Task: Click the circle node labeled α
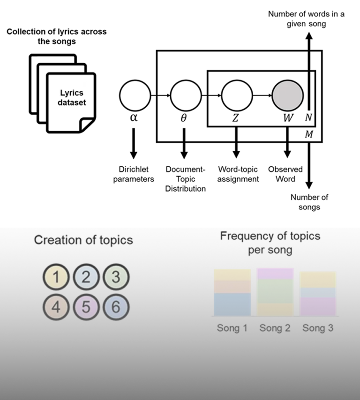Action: [x=134, y=94]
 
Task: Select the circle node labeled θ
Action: [x=184, y=95]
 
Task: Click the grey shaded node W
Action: [x=287, y=95]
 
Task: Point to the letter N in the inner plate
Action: [x=308, y=118]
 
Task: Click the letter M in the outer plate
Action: [x=308, y=135]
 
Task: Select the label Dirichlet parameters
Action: [x=134, y=174]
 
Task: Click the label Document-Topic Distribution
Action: [x=185, y=179]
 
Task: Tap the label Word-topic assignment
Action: [x=239, y=174]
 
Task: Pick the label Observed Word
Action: [x=285, y=174]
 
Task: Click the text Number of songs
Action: [x=309, y=202]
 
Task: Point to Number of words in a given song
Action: [x=306, y=18]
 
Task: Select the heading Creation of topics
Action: [x=83, y=240]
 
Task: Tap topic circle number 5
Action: [x=86, y=308]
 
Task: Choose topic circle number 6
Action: [x=116, y=308]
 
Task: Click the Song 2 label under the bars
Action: [x=275, y=328]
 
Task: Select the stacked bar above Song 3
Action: [x=318, y=294]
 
